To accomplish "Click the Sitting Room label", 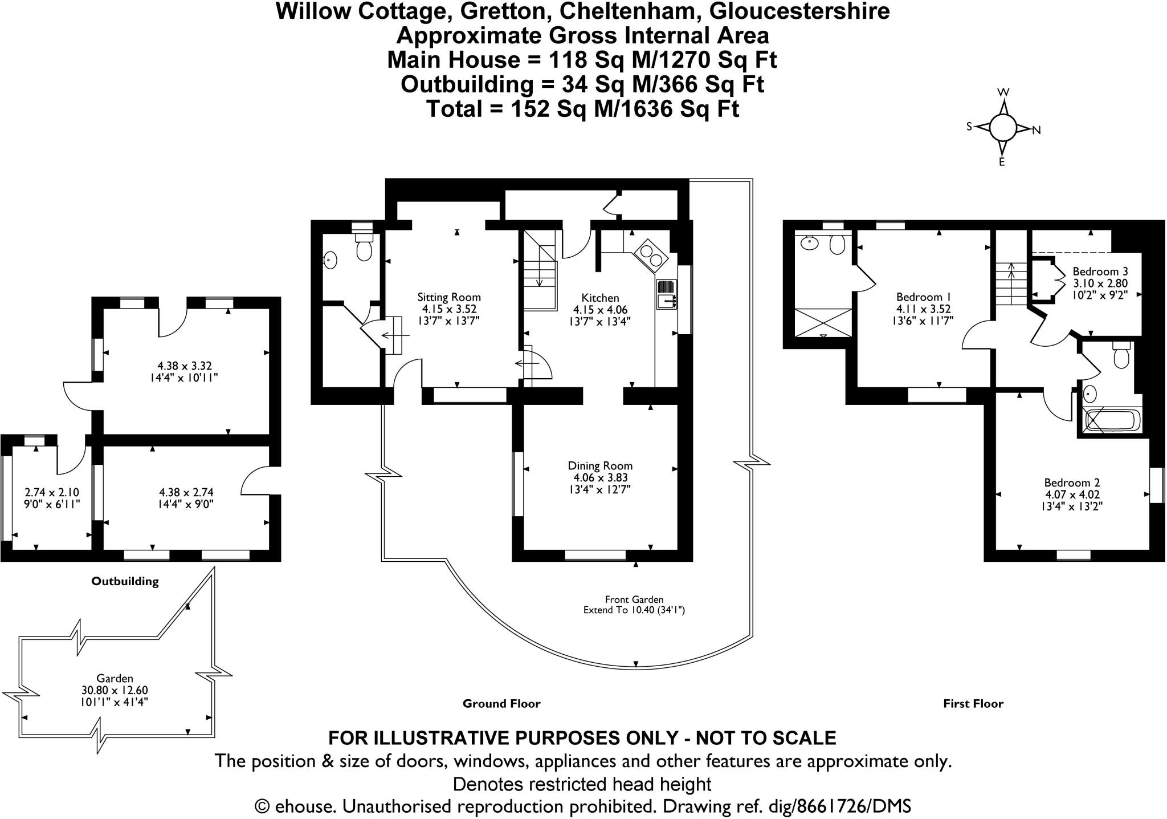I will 449,297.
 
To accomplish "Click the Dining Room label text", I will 600,466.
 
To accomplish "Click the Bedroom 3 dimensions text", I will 1100,289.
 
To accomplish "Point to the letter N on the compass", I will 1037,131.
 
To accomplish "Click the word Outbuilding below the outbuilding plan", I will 125,582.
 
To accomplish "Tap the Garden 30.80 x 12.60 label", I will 115,690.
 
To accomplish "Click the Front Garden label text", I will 634,599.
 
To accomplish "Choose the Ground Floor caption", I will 501,704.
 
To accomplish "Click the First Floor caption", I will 973,704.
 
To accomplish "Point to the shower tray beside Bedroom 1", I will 823,322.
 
